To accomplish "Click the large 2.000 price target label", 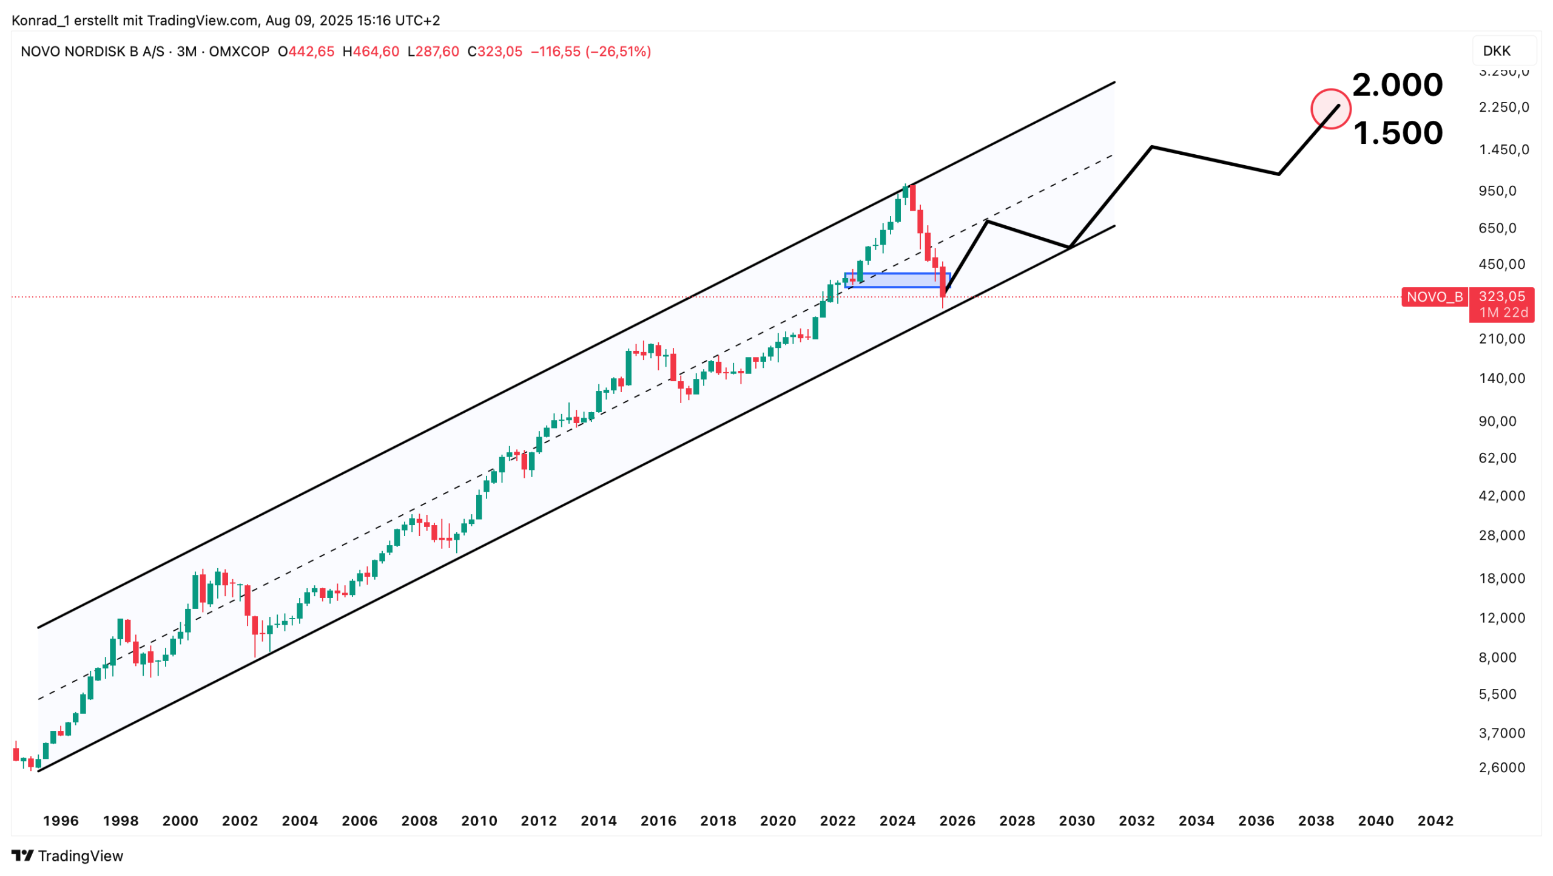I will click(1396, 85).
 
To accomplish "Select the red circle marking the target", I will click(1330, 109).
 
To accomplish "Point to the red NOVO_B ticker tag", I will click(1434, 297).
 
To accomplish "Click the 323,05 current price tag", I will click(1501, 297).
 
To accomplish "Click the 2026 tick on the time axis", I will click(957, 821).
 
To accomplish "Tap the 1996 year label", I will click(61, 821).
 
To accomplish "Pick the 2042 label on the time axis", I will click(1435, 821).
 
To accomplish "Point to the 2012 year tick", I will click(538, 821).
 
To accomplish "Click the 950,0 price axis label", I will click(1497, 191).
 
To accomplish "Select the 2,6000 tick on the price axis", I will click(1501, 767).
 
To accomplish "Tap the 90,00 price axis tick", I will click(1497, 421).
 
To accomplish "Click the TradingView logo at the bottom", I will click(67, 855).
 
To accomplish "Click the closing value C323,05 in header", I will click(494, 52).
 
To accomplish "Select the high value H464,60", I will click(371, 52).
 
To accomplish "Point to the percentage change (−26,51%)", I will click(618, 52).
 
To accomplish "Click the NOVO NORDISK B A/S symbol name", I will click(92, 52).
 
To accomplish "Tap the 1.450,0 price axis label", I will click(1503, 150).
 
